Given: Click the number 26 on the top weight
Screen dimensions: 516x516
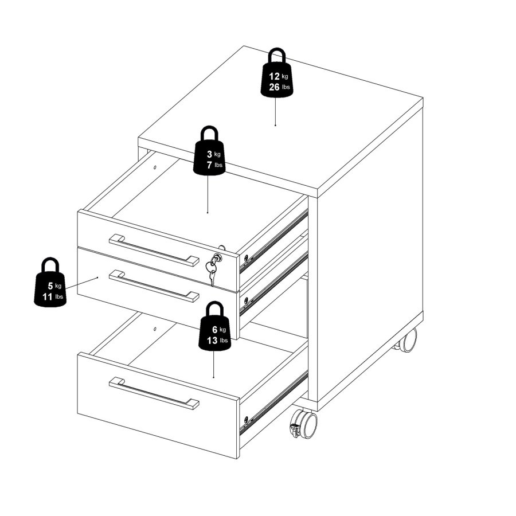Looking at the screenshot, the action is point(274,87).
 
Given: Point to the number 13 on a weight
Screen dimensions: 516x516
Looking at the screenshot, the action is point(212,340).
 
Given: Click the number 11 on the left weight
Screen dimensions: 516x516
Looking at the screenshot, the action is point(48,297).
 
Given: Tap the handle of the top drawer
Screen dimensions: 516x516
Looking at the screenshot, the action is point(154,250).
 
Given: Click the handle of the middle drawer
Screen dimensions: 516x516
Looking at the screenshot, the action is point(154,286).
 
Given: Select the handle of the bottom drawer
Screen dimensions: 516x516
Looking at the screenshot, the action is point(154,393).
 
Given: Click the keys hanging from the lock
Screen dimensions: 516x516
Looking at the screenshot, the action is point(212,270).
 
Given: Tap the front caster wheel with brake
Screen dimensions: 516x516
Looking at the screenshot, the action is point(304,424).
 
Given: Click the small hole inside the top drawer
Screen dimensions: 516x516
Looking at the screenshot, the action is point(155,167).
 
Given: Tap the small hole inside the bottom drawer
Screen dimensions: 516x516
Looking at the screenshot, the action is point(155,329).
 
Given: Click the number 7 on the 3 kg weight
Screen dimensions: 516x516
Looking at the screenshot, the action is point(209,165).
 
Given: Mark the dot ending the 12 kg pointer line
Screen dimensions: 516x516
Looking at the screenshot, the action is point(275,125).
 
